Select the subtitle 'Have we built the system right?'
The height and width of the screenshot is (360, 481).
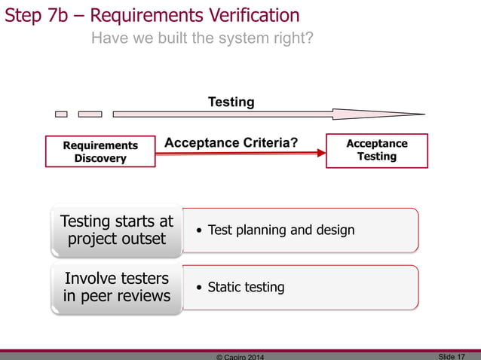coord(202,38)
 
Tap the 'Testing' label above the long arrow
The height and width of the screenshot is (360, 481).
coord(231,102)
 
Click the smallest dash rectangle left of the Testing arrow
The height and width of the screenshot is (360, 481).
coord(61,114)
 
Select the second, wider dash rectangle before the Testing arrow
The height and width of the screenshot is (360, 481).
coord(90,114)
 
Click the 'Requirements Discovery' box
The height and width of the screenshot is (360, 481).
coord(100,151)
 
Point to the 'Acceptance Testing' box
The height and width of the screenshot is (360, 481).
coord(376,150)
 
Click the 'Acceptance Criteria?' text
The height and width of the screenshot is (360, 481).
coord(231,143)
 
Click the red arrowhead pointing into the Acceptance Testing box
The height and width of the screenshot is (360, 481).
coord(320,154)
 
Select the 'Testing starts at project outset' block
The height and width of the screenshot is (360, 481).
coord(117,230)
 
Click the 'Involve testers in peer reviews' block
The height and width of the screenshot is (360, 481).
coord(117,287)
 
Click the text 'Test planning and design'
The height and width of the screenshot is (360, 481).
coord(280,230)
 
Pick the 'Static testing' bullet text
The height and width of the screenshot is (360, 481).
coord(246,287)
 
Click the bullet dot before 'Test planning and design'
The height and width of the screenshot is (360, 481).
coord(199,230)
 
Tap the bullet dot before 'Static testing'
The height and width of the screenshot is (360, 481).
coord(199,288)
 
